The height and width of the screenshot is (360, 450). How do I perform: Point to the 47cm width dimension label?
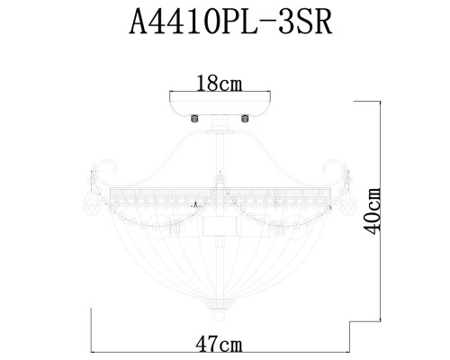pos(220,345)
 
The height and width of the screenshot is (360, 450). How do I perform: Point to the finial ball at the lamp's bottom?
pos(219,316)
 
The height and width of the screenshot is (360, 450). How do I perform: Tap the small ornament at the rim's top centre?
pos(219,174)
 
